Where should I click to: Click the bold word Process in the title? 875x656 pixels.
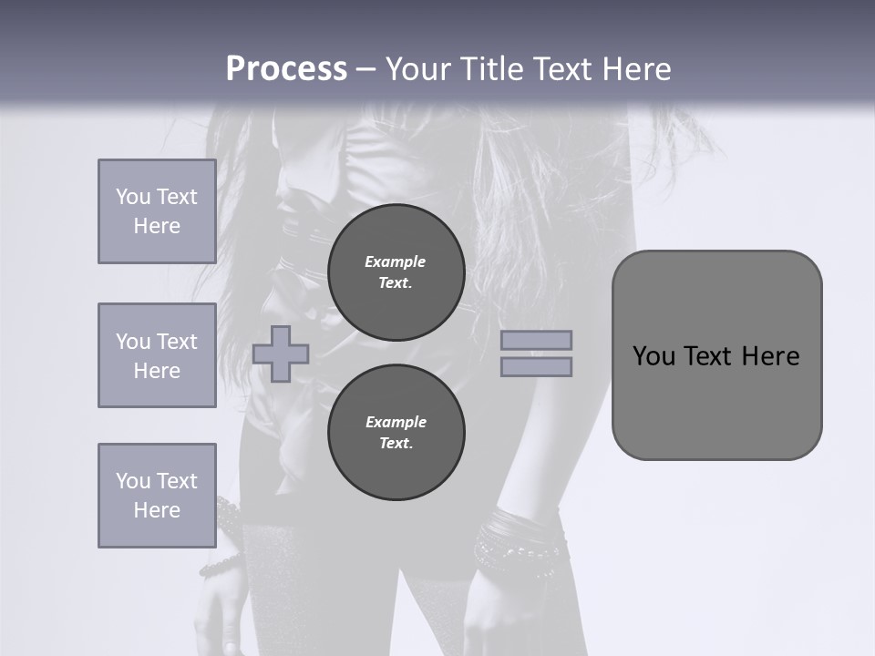(x=286, y=69)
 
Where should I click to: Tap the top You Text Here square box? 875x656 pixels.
(x=157, y=211)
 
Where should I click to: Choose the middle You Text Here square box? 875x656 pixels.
(x=157, y=355)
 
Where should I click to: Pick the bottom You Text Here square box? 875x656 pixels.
(x=157, y=495)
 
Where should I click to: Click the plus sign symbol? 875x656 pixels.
(x=281, y=354)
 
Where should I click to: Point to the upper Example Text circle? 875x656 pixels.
(x=396, y=272)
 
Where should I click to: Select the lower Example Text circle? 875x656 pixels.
(x=396, y=433)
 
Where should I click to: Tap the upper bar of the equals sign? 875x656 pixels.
(x=536, y=340)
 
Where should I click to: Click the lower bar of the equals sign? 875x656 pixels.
(x=536, y=366)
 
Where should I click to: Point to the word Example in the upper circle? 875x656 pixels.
(x=396, y=261)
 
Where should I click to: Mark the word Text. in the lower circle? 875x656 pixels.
(x=396, y=444)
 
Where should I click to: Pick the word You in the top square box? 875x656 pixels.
(x=132, y=197)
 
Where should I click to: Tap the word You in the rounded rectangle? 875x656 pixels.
(x=654, y=356)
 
